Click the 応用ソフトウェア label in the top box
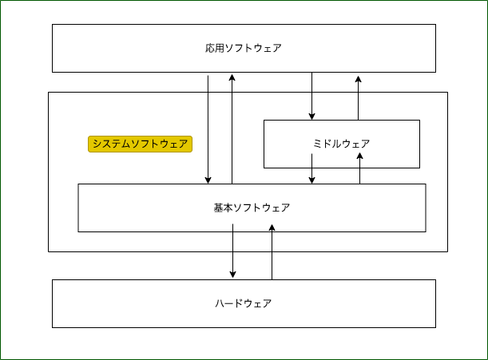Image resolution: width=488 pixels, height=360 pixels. (244, 48)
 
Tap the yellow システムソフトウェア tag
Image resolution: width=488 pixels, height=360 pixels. (141, 144)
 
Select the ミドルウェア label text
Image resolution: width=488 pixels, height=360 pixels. (341, 144)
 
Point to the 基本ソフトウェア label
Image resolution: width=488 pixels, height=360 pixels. (252, 208)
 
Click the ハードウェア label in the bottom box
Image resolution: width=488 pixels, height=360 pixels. (244, 303)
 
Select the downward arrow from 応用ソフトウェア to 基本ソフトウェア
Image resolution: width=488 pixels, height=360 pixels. (208, 128)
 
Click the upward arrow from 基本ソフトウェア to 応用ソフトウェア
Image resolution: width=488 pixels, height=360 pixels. (232, 128)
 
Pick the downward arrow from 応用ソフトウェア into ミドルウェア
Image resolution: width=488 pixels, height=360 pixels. (311, 96)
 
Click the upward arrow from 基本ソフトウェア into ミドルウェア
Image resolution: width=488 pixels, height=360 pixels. (360, 169)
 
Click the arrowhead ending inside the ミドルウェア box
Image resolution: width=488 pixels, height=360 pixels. (360, 157)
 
